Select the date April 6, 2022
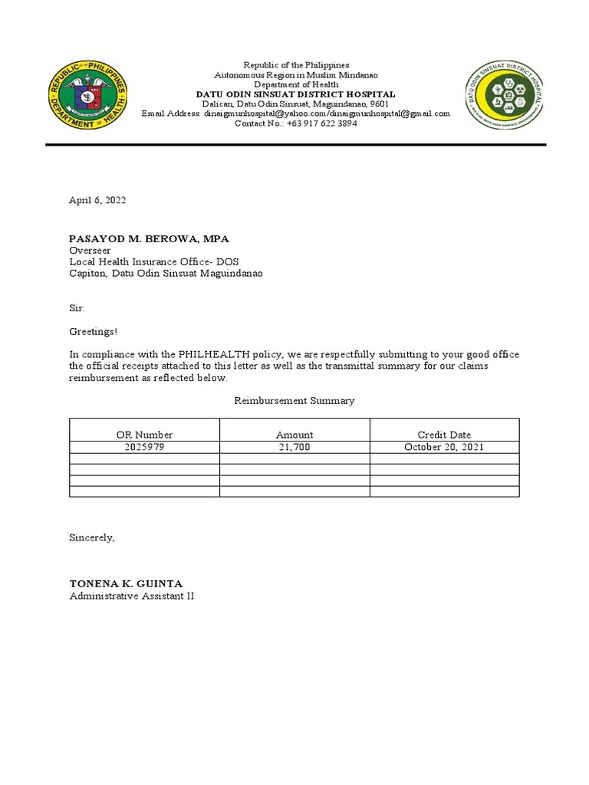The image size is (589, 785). [97, 200]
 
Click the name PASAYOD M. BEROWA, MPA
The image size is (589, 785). [149, 239]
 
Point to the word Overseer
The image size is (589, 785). [90, 251]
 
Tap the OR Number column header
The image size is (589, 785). [144, 435]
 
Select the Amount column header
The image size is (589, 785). [294, 435]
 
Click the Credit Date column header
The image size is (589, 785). [444, 435]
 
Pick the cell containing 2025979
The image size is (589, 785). [144, 447]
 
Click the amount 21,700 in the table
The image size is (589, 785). [294, 447]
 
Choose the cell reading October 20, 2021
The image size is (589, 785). [444, 447]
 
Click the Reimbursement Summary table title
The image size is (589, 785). [294, 400]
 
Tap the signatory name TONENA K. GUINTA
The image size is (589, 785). [127, 584]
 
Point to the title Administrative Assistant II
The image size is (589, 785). [132, 596]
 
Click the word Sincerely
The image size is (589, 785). [92, 537]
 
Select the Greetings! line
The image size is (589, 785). [94, 331]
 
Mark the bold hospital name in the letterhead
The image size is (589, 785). [295, 94]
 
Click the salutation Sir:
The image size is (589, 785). [77, 308]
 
